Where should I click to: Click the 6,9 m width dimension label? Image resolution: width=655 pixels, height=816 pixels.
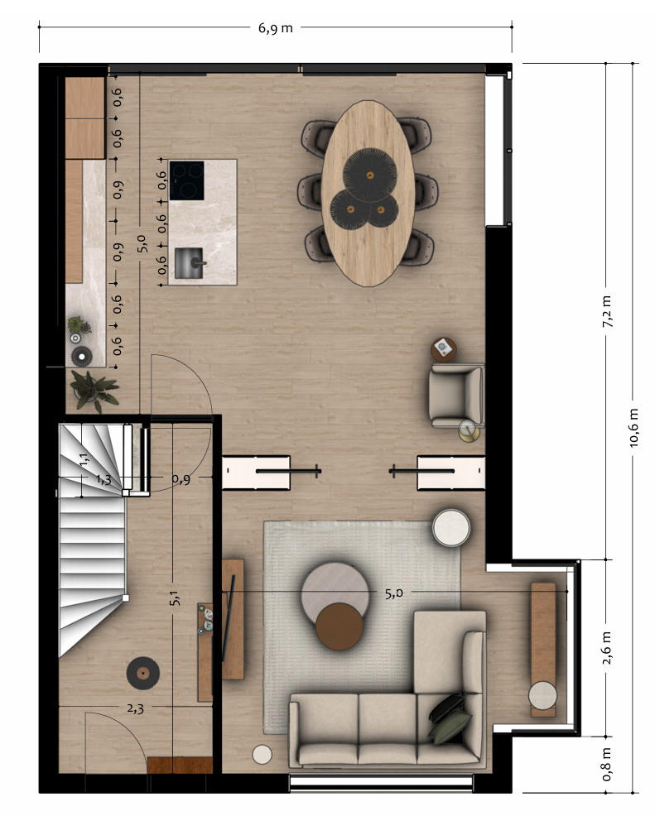point(276,27)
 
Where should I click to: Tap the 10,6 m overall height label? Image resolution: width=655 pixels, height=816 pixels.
point(633,428)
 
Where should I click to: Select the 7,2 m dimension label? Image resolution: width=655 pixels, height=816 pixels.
point(607,311)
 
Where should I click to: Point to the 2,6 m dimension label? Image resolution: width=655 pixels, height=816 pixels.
point(607,648)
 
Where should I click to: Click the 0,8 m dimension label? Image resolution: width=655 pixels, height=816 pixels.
point(607,765)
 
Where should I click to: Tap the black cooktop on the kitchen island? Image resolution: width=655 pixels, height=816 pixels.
point(187,180)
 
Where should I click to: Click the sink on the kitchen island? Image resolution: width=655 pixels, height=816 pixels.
point(189,263)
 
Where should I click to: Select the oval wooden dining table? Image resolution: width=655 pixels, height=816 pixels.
point(368,193)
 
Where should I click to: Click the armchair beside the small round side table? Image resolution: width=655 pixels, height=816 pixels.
point(456,395)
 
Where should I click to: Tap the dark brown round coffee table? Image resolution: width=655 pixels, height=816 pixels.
point(340,626)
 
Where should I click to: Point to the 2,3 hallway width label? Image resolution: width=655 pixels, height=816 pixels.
point(135,708)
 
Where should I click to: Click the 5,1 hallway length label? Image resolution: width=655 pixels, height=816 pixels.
point(175,598)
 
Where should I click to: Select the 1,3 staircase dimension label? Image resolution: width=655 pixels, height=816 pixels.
point(104,479)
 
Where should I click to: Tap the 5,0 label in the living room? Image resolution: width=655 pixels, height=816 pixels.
point(394,593)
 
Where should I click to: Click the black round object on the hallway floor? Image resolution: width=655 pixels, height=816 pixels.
point(142,674)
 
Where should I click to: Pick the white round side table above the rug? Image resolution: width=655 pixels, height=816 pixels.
point(451,527)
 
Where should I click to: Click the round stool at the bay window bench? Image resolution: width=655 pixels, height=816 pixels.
point(542,694)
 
